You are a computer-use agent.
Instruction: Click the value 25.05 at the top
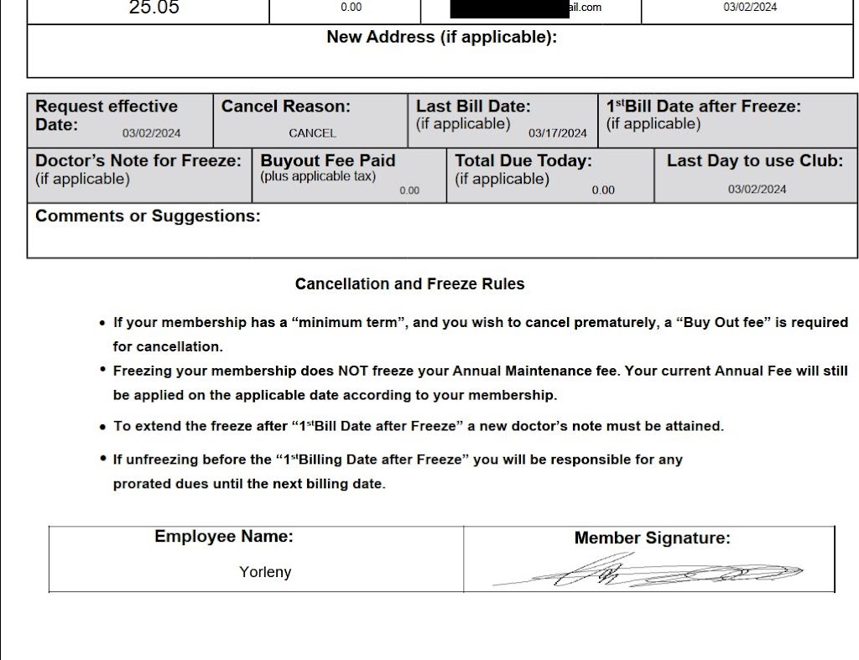(x=154, y=8)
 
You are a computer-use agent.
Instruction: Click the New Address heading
(x=441, y=37)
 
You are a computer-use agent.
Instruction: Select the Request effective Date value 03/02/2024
(x=151, y=133)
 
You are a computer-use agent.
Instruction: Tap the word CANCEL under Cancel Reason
(x=312, y=133)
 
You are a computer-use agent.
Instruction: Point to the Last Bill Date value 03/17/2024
(x=558, y=133)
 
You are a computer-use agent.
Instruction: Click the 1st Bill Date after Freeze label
(x=703, y=107)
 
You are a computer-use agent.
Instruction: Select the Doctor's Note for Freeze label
(x=138, y=160)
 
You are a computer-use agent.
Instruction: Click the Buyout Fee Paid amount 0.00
(x=409, y=190)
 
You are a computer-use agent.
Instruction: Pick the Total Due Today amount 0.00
(x=603, y=190)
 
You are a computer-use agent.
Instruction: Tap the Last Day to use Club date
(x=757, y=190)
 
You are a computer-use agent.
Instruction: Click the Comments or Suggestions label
(x=148, y=216)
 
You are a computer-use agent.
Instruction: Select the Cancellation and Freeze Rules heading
(x=409, y=284)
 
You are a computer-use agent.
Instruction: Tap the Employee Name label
(x=224, y=537)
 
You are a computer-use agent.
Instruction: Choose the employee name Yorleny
(x=265, y=573)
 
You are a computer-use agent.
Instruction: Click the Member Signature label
(x=652, y=538)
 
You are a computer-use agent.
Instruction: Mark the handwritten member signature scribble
(x=646, y=574)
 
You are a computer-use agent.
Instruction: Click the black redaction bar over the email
(x=508, y=9)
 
